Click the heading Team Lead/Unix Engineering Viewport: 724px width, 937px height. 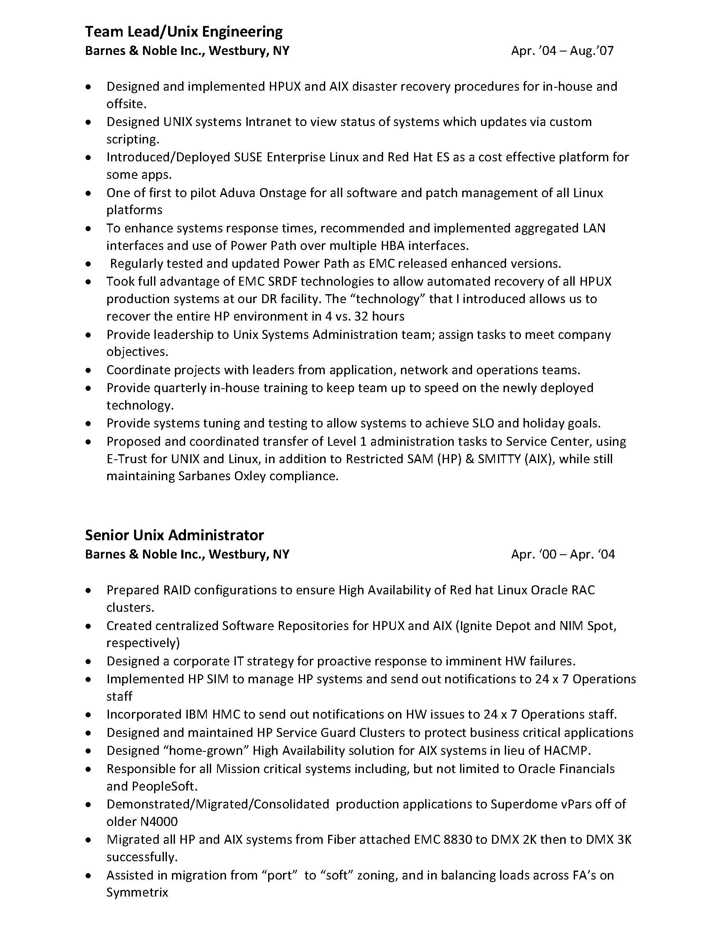coord(183,32)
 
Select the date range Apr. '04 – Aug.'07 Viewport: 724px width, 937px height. coord(562,51)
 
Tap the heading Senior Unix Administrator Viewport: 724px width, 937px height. coord(174,535)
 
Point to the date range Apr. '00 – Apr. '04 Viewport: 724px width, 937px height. coord(563,554)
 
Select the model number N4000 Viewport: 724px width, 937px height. coord(159,822)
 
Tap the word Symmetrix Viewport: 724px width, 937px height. coord(137,892)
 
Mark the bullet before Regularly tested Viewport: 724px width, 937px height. coord(89,264)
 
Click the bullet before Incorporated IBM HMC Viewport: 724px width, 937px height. coord(89,715)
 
